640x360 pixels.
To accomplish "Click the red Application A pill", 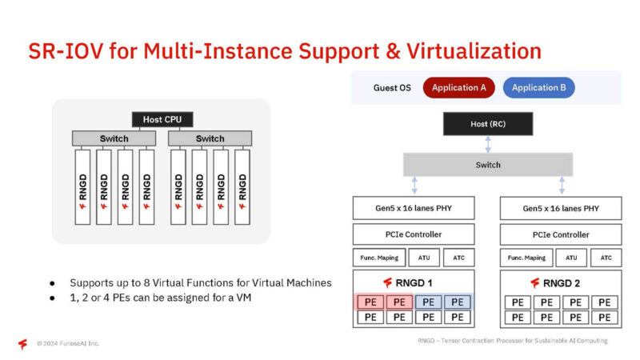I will (x=459, y=87).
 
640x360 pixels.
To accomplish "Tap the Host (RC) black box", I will (x=487, y=124).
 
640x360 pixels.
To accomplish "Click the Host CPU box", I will (x=162, y=119).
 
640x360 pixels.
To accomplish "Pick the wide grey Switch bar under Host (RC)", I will (x=487, y=165).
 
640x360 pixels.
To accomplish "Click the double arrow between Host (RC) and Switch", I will (x=487, y=144).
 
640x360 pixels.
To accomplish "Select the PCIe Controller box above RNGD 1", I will (x=414, y=234).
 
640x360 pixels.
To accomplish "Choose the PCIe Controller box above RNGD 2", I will (x=561, y=234).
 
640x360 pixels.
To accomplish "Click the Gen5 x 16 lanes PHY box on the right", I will (x=561, y=208).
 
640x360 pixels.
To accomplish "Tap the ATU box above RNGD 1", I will (x=424, y=258).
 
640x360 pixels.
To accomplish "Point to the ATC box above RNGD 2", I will (x=606, y=258).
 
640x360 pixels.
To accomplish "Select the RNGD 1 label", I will (x=414, y=282).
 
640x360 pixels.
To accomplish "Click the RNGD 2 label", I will (x=561, y=282).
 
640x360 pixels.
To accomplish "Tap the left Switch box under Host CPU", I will (x=114, y=138).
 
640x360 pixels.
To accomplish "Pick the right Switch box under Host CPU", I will (x=210, y=138).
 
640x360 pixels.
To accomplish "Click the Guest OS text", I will (x=392, y=87).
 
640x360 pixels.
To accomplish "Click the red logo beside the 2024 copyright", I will (x=23, y=343).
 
